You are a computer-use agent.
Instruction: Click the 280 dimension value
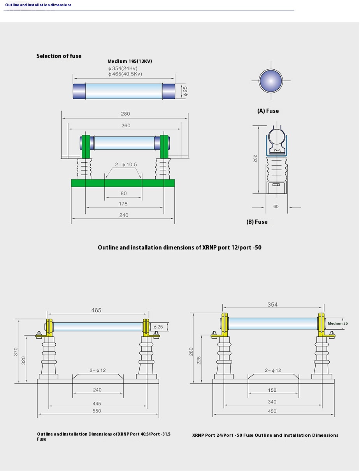point(125,114)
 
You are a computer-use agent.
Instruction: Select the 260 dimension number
point(125,126)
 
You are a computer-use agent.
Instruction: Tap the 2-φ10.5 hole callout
point(126,165)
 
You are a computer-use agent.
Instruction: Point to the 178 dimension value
point(123,204)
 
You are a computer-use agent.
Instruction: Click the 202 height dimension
point(255,159)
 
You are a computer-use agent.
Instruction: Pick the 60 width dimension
point(276,207)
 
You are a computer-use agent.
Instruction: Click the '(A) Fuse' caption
point(268,111)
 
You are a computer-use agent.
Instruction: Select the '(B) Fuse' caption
point(257,222)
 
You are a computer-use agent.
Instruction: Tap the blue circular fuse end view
point(270,81)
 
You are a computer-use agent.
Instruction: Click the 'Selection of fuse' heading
point(59,56)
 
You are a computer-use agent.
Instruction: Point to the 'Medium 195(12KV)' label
point(130,62)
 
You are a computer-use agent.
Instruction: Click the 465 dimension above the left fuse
point(96,310)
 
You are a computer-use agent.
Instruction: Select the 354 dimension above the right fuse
point(272,304)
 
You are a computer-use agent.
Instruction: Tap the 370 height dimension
point(16,351)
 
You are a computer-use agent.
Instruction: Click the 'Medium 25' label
point(337,323)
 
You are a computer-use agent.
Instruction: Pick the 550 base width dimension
point(97,411)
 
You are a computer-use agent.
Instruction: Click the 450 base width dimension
point(272,411)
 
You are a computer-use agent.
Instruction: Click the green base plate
point(123,183)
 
